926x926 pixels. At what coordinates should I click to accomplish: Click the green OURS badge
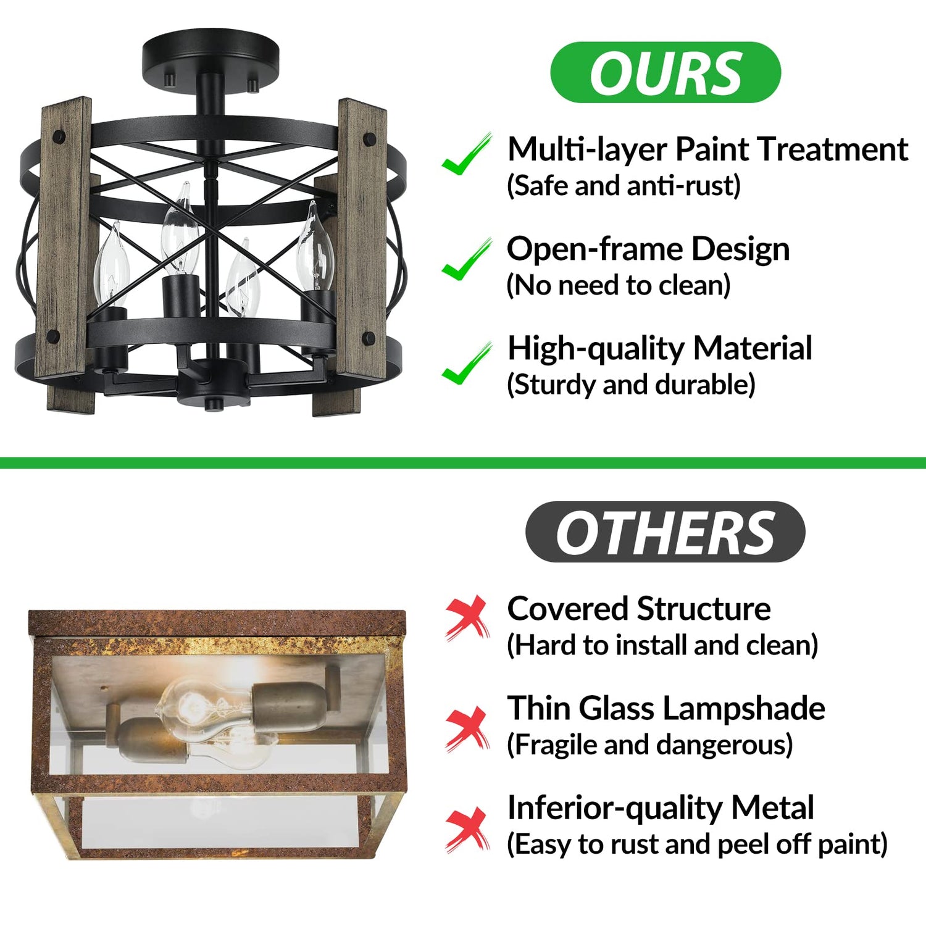665,72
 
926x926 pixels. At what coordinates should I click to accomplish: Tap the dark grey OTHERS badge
665,532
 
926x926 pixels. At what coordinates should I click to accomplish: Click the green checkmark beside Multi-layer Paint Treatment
467,154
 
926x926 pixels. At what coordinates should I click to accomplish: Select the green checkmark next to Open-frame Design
467,259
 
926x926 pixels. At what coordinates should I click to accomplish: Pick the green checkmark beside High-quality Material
467,364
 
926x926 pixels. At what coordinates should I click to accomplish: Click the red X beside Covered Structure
467,617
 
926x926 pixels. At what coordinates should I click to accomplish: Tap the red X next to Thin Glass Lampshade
467,729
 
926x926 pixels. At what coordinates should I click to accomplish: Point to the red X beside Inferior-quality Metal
467,830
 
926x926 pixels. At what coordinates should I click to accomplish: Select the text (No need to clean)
619,285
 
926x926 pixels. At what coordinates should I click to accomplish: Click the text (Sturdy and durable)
631,385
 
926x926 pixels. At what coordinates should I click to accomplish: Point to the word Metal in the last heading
773,807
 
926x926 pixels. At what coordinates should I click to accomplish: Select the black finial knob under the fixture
214,404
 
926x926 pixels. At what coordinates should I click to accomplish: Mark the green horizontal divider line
463,462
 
